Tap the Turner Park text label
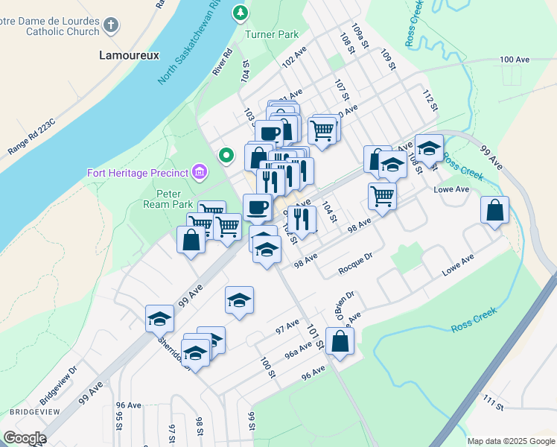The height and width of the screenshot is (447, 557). click(x=272, y=34)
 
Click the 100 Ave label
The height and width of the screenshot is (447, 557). click(x=517, y=59)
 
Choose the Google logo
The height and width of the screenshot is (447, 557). click(x=25, y=437)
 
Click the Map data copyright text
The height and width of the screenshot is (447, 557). click(x=511, y=441)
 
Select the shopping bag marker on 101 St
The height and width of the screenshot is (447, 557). click(x=340, y=343)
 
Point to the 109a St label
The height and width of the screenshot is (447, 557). click(x=361, y=35)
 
